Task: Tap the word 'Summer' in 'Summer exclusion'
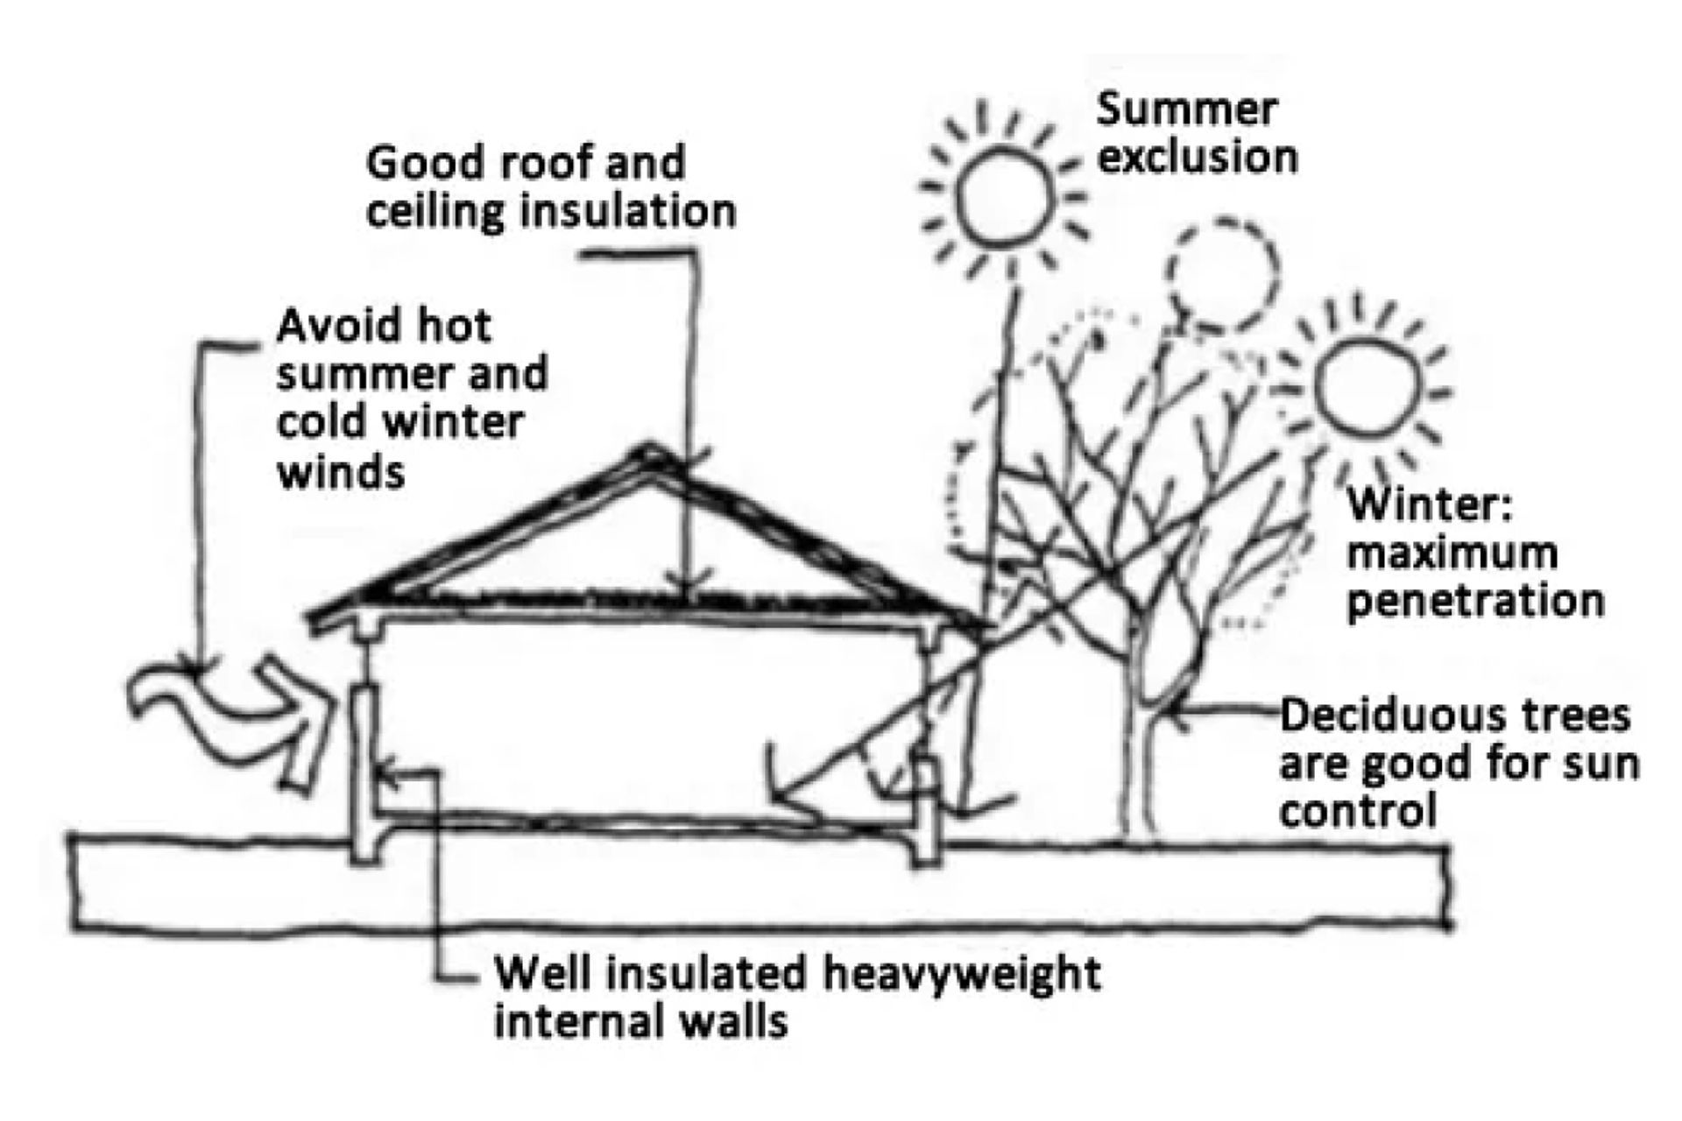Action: point(1187,109)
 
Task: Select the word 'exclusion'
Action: point(1198,158)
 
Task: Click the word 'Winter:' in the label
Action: point(1430,505)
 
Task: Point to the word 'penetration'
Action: point(1475,602)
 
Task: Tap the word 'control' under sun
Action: point(1358,811)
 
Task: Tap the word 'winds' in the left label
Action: point(341,473)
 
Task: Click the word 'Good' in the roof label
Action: point(415,164)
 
